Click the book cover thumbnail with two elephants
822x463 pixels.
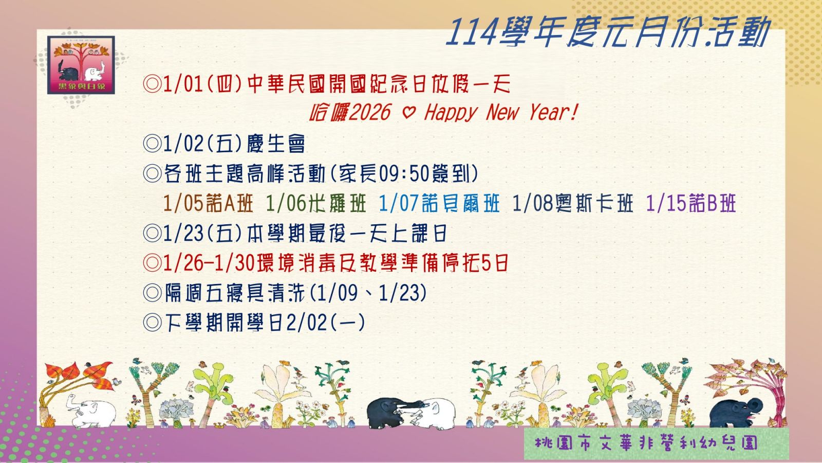pyautogui.click(x=81, y=65)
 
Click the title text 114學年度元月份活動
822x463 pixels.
pyautogui.click(x=608, y=32)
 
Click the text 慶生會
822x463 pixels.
pyautogui.click(x=275, y=144)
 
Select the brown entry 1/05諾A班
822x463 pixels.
pyautogui.click(x=208, y=204)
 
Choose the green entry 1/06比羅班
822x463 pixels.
pyautogui.click(x=316, y=204)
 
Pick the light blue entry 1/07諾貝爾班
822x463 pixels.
pyautogui.click(x=439, y=204)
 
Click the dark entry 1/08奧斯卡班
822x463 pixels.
pyautogui.click(x=572, y=204)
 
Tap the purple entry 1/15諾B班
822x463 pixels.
pyautogui.click(x=691, y=204)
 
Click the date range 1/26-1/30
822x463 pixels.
pyautogui.click(x=209, y=263)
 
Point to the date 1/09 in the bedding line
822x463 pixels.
pyautogui.click(x=337, y=293)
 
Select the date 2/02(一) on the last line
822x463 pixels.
pyautogui.click(x=326, y=323)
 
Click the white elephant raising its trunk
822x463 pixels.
pyautogui.click(x=90, y=411)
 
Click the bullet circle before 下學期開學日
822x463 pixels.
pyautogui.click(x=152, y=323)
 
